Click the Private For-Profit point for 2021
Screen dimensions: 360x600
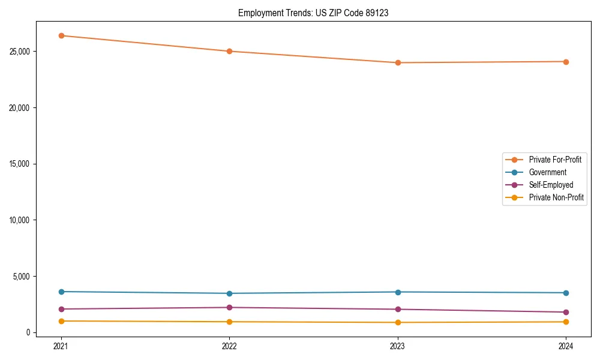coord(61,35)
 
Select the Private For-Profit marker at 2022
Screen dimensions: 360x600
coord(229,51)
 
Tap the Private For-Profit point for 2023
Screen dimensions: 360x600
coord(398,62)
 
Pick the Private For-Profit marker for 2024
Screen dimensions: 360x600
coord(566,62)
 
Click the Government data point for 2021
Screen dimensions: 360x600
coord(61,292)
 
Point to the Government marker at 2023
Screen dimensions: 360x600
coord(398,292)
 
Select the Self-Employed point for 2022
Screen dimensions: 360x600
coord(229,308)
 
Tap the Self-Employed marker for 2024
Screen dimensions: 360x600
coord(566,312)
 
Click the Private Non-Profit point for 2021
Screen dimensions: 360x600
coord(61,321)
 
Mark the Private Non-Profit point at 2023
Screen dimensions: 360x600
coord(398,323)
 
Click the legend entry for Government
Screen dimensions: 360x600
coord(547,172)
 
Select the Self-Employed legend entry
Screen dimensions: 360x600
coord(551,185)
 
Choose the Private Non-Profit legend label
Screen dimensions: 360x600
coord(556,197)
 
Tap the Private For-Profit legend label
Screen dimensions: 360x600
coord(554,160)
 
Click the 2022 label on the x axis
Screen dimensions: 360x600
coord(229,346)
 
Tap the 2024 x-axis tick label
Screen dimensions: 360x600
coord(566,346)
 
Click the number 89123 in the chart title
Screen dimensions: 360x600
coord(376,13)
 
